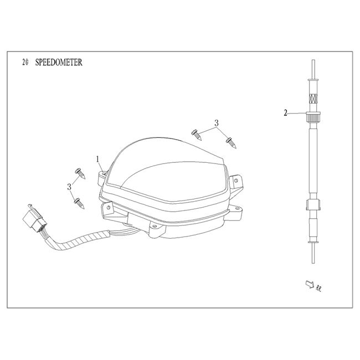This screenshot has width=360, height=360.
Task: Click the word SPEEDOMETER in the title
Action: [x=59, y=63]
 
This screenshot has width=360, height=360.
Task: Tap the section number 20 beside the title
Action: [x=25, y=63]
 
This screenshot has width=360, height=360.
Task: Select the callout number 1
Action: [x=98, y=159]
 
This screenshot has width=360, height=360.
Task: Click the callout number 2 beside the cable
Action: [x=285, y=113]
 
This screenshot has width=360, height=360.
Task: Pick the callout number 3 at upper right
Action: [x=216, y=124]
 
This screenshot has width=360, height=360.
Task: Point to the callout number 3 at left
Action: [x=69, y=187]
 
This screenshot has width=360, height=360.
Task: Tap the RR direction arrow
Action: [x=310, y=284]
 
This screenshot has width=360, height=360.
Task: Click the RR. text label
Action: [x=318, y=289]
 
